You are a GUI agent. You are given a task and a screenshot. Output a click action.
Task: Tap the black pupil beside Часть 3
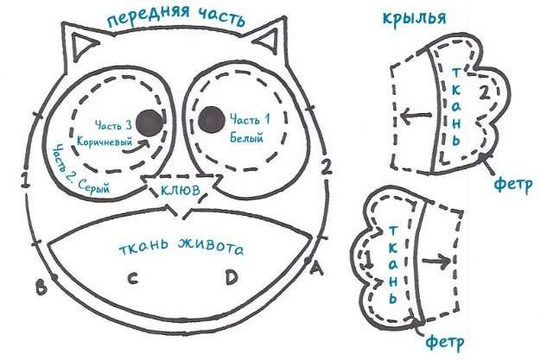pos(150,123)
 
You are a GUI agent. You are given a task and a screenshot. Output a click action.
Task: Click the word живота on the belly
pos(207,248)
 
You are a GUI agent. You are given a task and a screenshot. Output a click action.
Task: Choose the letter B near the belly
pos(41,286)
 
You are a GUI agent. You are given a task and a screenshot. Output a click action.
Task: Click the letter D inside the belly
pos(231,278)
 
